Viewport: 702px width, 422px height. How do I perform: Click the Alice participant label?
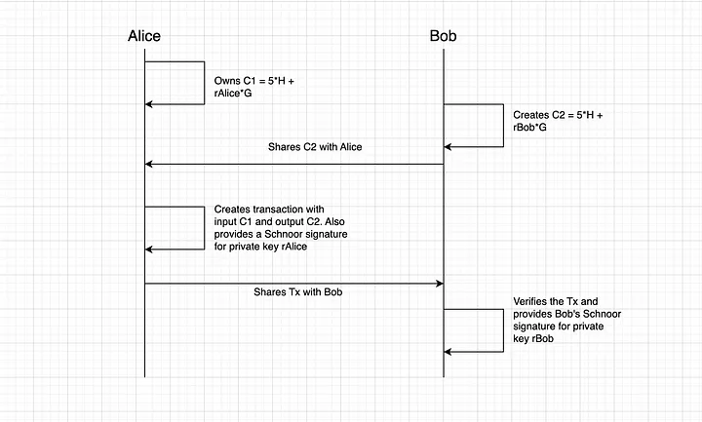pyautogui.click(x=144, y=36)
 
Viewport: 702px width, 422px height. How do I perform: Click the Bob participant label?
pyautogui.click(x=443, y=36)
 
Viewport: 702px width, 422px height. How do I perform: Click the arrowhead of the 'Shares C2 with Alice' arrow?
pyautogui.click(x=149, y=164)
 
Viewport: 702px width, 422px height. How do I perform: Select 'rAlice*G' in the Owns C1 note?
pyautogui.click(x=236, y=94)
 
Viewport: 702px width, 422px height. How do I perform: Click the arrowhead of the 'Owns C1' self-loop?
pyautogui.click(x=149, y=103)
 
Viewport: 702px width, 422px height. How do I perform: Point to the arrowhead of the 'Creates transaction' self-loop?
pyautogui.click(x=149, y=249)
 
